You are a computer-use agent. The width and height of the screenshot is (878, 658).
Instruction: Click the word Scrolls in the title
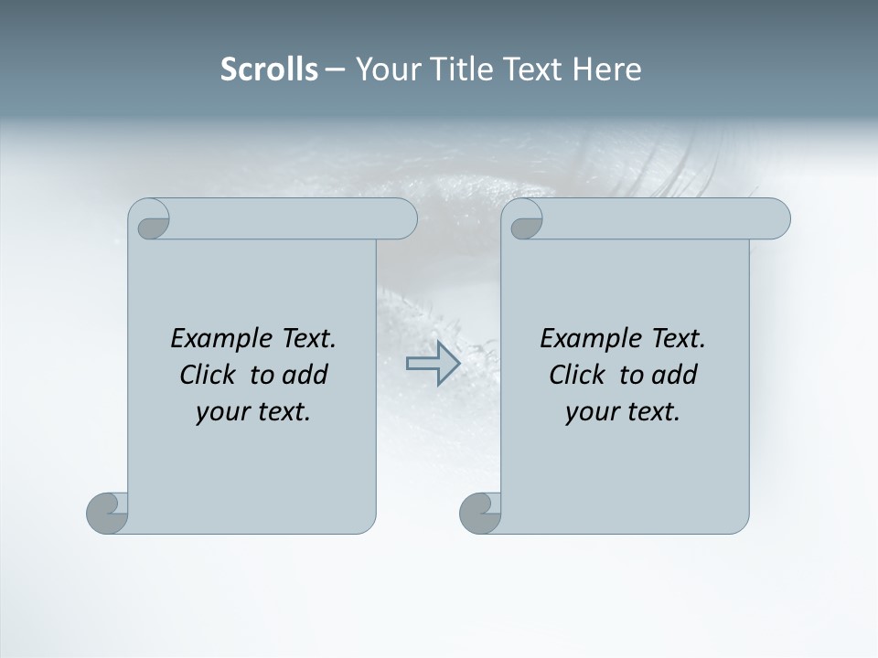pos(269,69)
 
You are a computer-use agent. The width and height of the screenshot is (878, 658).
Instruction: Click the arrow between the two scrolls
pos(433,363)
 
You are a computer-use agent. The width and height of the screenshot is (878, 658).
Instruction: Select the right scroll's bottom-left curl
pos(480,514)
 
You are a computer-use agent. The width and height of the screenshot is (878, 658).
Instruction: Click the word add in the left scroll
pos(305,375)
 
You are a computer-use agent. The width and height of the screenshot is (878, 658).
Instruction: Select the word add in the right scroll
pos(674,375)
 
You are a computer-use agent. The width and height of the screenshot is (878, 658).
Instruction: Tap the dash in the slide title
pos(336,69)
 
